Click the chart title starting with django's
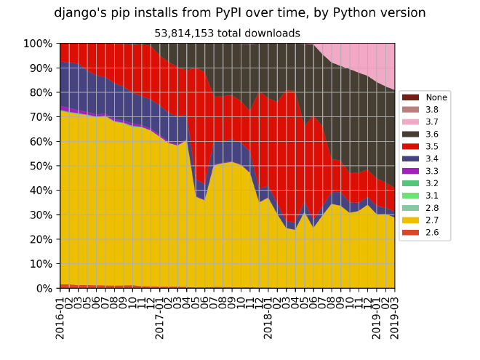click(x=240, y=12)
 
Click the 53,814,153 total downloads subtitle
click(x=227, y=33)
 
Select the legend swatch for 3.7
click(x=412, y=121)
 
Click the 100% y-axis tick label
click(x=38, y=44)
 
